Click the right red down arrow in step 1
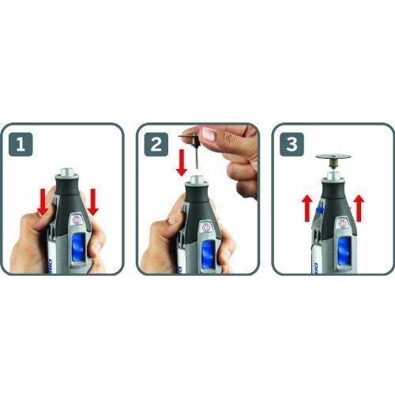tap(93, 201)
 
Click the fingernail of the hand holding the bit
tap(209, 135)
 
